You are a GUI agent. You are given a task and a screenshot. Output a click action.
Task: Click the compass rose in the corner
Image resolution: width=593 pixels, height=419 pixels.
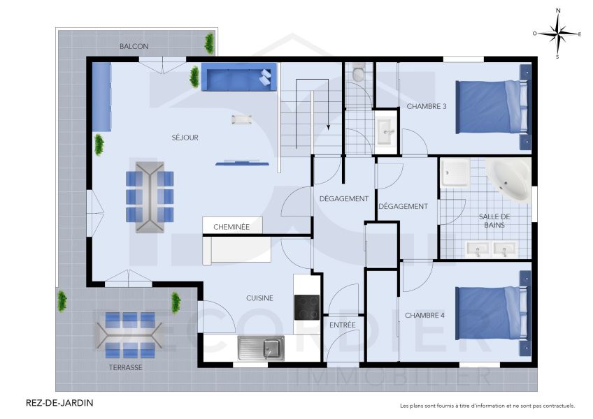coord(557,33)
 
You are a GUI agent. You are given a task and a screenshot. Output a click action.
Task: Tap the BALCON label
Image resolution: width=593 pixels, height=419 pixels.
coord(134,46)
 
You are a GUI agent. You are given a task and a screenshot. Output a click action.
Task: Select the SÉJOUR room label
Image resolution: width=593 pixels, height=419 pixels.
coord(185,138)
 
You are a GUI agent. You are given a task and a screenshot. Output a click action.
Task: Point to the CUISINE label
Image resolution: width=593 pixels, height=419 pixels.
coord(259,298)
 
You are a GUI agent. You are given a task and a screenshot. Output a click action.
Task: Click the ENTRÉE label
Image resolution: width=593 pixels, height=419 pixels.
coord(342,325)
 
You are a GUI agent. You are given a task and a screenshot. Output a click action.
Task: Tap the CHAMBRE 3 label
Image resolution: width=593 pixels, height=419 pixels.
coord(427,107)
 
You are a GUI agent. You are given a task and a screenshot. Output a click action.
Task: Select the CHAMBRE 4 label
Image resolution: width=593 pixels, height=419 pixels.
coord(426,315)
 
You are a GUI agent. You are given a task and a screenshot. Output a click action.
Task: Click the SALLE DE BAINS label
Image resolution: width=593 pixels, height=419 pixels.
coord(494,221)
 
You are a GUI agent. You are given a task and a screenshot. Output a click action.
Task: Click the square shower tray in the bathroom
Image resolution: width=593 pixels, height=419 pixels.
coord(455,172)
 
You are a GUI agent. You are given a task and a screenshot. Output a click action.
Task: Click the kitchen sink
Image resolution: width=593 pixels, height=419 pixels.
coord(260,347)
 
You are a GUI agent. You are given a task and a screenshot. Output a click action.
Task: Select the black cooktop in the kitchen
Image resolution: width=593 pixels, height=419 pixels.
coord(306,307)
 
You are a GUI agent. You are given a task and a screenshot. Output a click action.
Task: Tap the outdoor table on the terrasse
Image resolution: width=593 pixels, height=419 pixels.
coord(130,332)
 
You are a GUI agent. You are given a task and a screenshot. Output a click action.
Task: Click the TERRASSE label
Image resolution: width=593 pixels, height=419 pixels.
coord(126,367)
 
